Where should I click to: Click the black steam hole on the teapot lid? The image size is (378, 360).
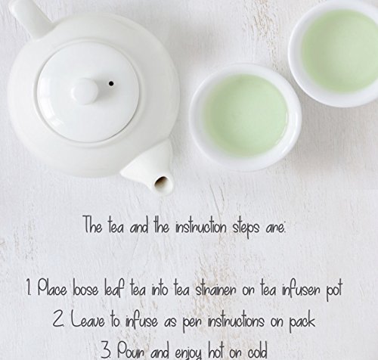[111, 83]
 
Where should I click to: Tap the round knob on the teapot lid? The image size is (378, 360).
[84, 91]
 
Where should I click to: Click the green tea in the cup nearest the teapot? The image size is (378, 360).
[246, 115]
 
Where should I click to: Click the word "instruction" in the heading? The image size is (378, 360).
[201, 227]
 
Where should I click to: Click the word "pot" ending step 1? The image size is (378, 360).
[334, 291]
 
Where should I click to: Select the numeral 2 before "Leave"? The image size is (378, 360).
[57, 319]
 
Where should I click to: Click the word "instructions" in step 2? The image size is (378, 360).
[236, 321]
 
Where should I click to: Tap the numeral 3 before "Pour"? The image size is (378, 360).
[106, 349]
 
